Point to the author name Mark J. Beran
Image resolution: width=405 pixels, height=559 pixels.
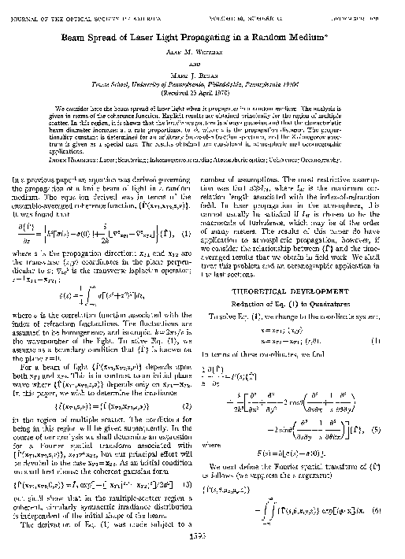tap(202, 67)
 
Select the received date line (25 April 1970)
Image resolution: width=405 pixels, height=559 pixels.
tap(202, 87)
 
